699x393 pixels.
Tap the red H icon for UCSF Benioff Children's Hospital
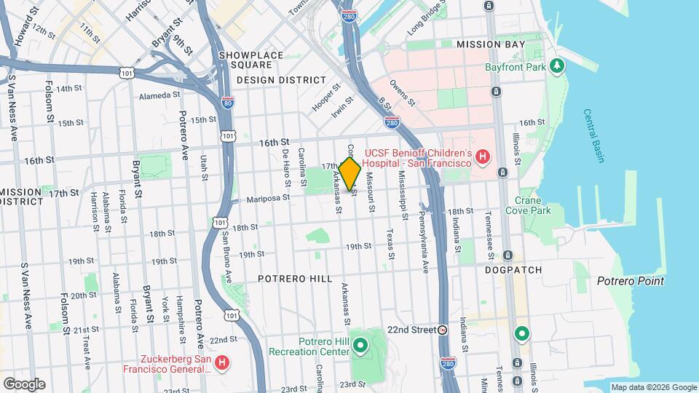(481, 156)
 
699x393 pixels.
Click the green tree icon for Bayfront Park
(558, 67)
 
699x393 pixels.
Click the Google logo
(24, 384)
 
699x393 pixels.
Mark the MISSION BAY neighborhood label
(490, 44)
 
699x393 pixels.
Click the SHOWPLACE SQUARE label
(250, 60)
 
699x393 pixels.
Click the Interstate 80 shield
(228, 103)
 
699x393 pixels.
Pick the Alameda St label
(159, 95)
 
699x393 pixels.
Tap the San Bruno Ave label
(226, 257)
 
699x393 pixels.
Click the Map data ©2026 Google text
(653, 387)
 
